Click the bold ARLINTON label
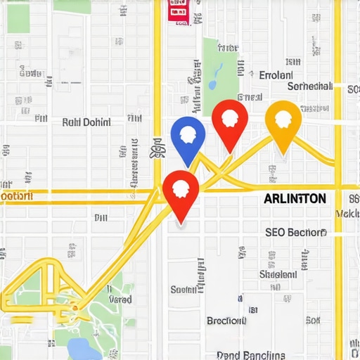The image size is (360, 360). point(295,198)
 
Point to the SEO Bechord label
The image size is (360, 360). point(295,232)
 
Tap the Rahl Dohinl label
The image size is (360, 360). point(86,122)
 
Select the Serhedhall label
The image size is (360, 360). point(309,86)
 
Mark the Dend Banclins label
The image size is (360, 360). point(249,355)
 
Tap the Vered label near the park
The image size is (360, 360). point(120,299)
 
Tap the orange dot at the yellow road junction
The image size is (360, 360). point(73,306)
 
